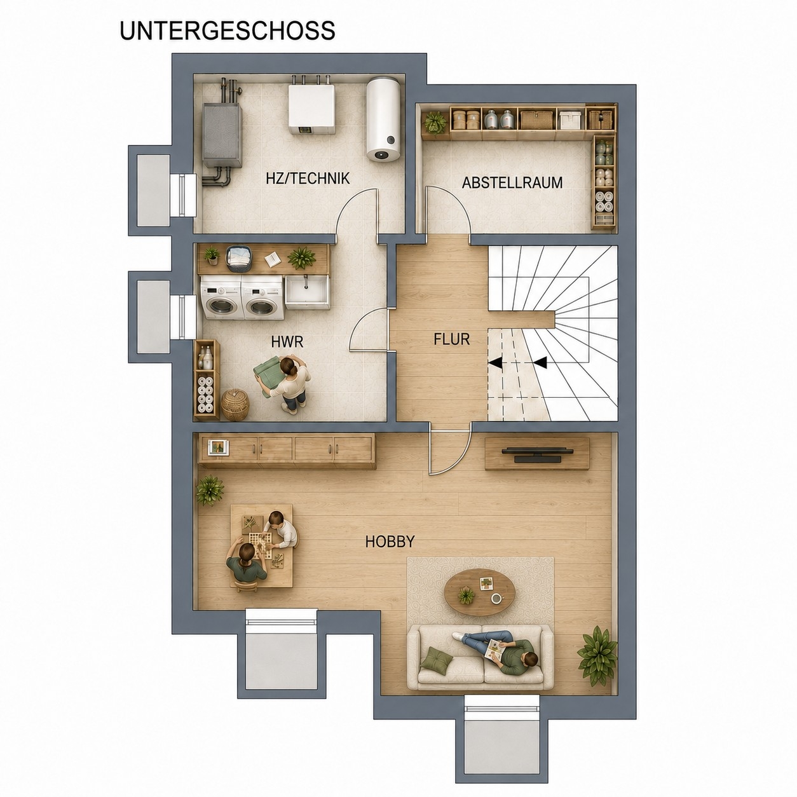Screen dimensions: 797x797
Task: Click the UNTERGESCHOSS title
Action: [x=228, y=31]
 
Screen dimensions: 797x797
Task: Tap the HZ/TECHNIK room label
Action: [x=308, y=178]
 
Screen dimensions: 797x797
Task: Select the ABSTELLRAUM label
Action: [x=512, y=182]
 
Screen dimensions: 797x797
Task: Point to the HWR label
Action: [x=287, y=342]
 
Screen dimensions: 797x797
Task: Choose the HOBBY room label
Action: [x=390, y=542]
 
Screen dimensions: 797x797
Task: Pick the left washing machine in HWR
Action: [x=221, y=298]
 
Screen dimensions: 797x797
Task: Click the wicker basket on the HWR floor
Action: [x=235, y=405]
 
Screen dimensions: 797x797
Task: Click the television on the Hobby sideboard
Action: [x=537, y=454]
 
